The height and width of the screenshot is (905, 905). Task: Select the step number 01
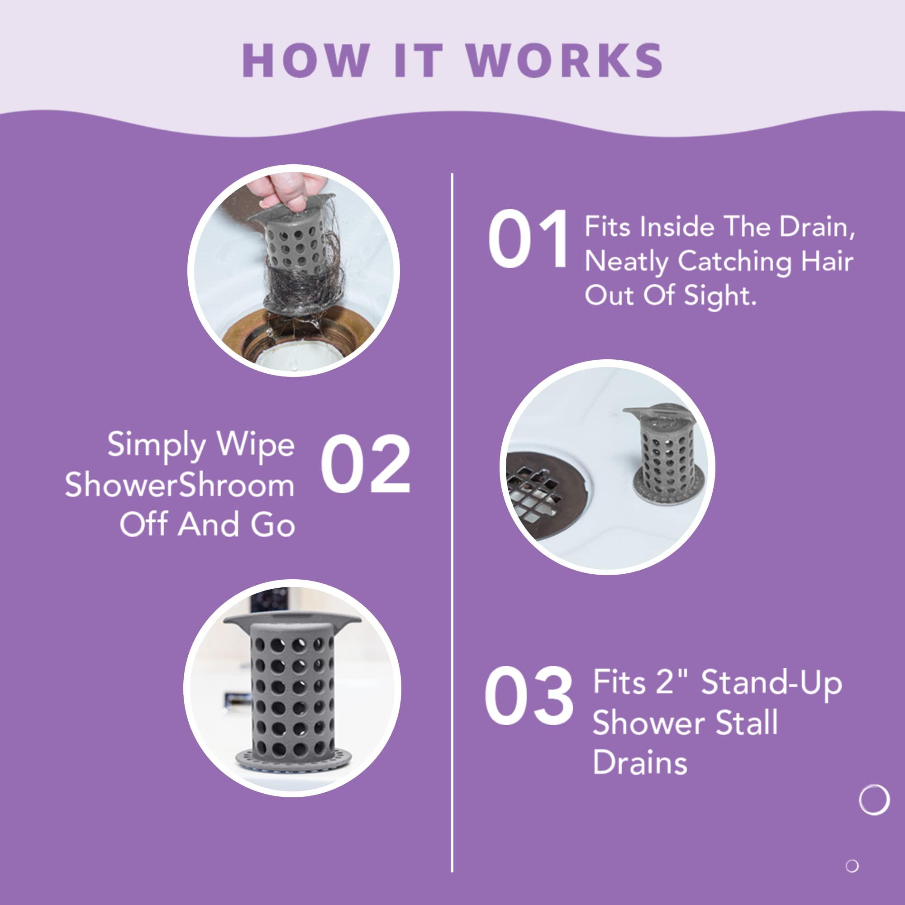point(528,239)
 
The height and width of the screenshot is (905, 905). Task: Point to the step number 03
point(529,694)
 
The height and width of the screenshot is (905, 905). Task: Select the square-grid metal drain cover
point(543,492)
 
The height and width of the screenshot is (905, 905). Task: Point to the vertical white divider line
point(452,515)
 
